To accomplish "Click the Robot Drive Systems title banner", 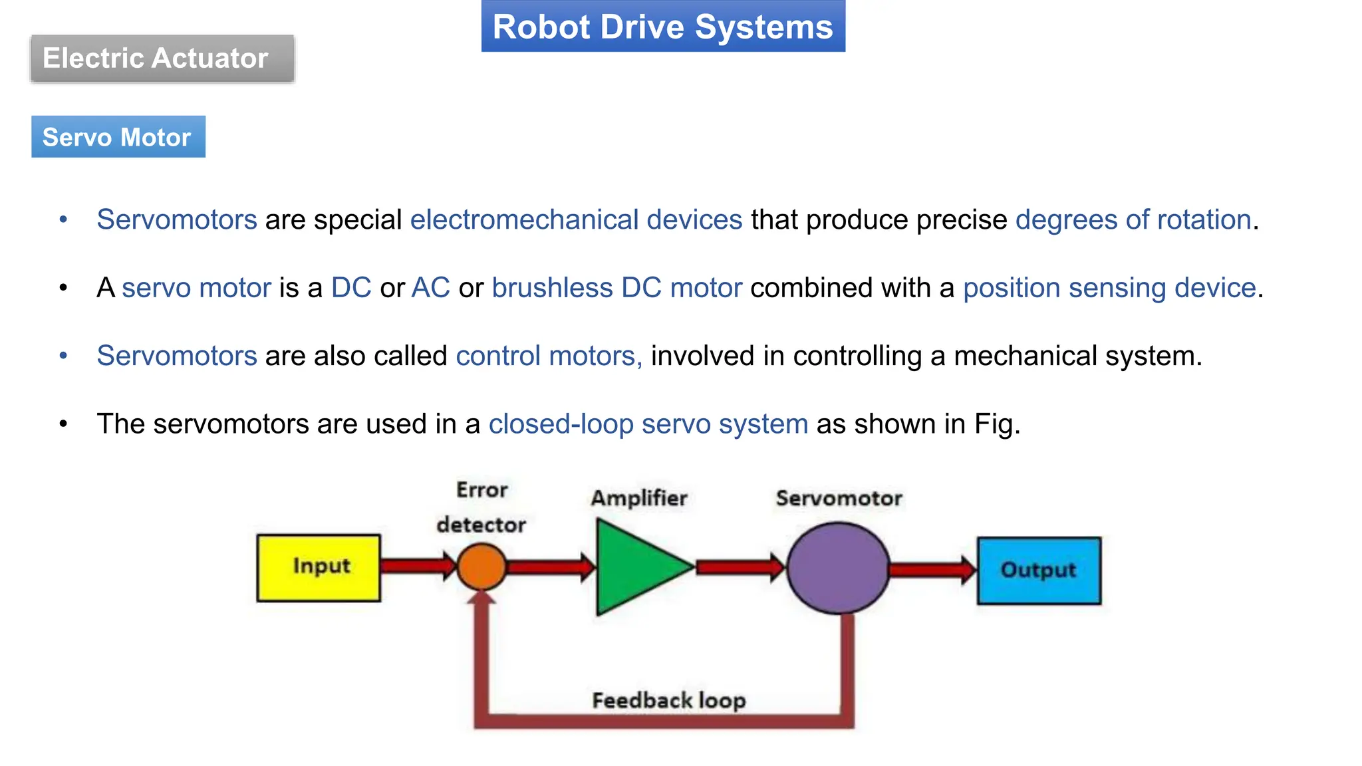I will tap(662, 27).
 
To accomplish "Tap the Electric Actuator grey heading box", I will tap(162, 59).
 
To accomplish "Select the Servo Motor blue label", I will tap(118, 137).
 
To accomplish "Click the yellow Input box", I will tap(319, 567).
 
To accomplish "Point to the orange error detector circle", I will tap(481, 567).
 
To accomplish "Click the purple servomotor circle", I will tap(837, 567).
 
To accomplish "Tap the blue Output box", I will tap(1038, 570).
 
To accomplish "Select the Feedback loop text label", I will tap(668, 700).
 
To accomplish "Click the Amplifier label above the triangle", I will tap(638, 498).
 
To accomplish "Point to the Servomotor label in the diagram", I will tap(839, 498).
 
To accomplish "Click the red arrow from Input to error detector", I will tap(418, 566).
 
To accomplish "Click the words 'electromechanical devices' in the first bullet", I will tap(576, 219).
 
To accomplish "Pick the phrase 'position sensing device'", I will tap(1109, 288).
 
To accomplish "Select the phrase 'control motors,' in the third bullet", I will tap(549, 356).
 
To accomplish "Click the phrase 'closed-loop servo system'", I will tap(648, 424).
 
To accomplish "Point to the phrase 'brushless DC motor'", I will tap(616, 288).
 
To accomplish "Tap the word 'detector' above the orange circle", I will tap(481, 525).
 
